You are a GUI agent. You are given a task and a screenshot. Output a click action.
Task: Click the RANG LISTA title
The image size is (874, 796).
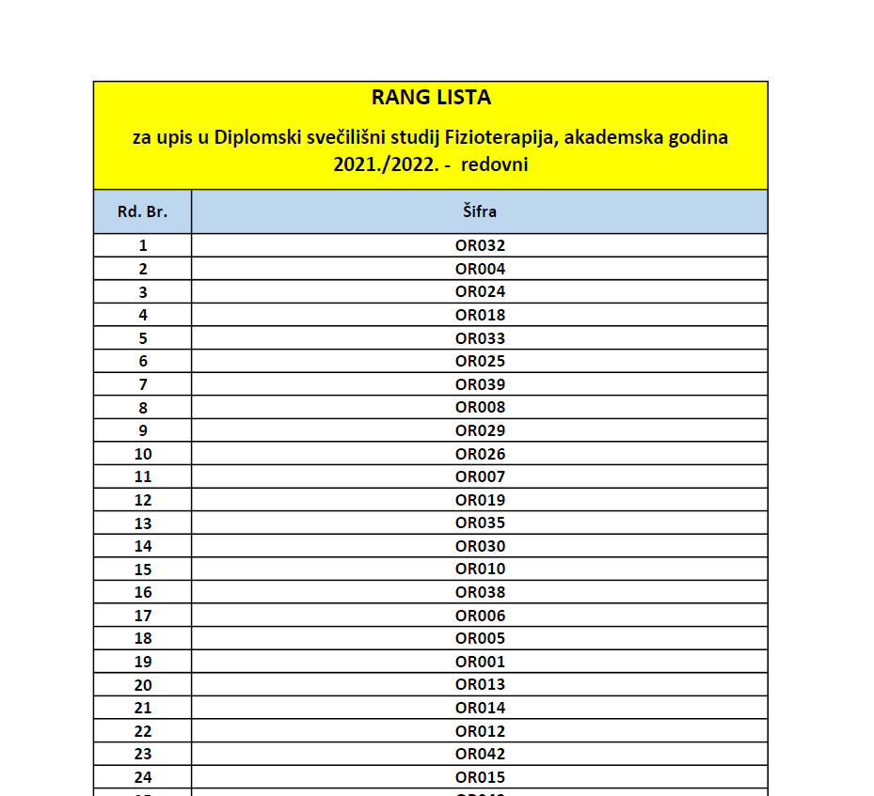click(x=431, y=97)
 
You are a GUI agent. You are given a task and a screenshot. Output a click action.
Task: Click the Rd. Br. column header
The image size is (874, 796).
click(x=142, y=211)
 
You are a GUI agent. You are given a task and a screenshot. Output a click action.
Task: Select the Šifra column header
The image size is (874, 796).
click(x=480, y=211)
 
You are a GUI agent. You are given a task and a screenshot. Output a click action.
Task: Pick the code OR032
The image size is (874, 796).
click(x=480, y=245)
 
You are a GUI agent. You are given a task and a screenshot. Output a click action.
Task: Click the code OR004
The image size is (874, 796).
click(x=480, y=269)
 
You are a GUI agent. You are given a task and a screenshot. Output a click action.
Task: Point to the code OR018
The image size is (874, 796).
click(x=480, y=315)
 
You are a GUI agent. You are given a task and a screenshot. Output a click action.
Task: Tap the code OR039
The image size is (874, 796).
click(x=480, y=384)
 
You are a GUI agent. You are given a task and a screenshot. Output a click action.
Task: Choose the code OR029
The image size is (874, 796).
click(x=480, y=430)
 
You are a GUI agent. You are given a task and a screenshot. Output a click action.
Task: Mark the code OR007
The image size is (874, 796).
click(x=480, y=476)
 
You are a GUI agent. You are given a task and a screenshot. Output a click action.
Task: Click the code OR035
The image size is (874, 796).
click(x=480, y=523)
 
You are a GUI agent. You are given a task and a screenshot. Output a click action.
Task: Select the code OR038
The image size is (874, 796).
click(x=480, y=592)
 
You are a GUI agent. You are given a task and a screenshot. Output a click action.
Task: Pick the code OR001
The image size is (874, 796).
click(x=480, y=662)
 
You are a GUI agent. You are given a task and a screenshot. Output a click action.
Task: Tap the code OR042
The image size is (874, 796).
click(x=480, y=754)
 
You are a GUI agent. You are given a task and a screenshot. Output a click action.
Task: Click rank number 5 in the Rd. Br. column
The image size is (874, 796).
click(x=143, y=338)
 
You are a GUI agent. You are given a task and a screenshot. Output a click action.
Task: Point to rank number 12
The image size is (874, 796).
click(x=143, y=500)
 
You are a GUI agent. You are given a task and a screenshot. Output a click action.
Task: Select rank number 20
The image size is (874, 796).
click(x=143, y=685)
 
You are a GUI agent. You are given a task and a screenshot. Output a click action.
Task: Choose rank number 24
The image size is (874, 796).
click(x=143, y=777)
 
